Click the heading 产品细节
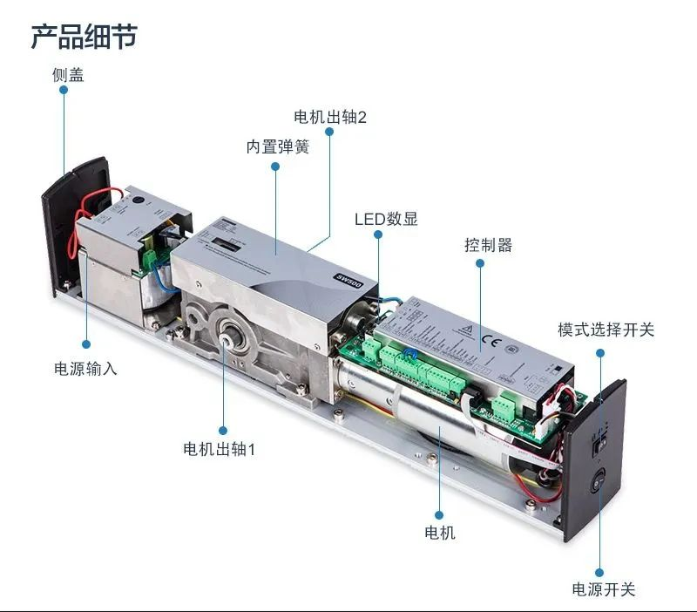(85, 37)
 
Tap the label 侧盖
(68, 75)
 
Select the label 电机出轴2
(330, 118)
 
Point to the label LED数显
(386, 219)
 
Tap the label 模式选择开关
(606, 330)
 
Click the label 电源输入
(85, 369)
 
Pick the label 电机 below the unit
(439, 533)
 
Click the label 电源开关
(604, 589)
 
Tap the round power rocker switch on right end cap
(599, 482)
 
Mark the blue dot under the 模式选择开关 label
(600, 353)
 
